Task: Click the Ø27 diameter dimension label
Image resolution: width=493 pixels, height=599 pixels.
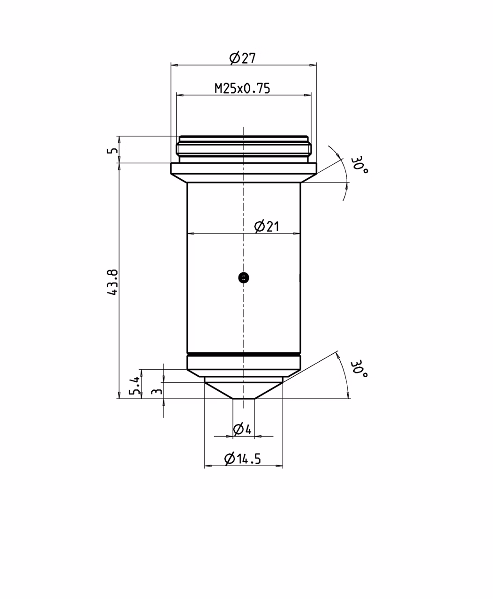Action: tap(243, 58)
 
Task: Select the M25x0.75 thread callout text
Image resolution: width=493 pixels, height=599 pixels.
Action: tap(242, 88)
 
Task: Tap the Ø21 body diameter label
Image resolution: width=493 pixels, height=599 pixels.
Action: tap(267, 226)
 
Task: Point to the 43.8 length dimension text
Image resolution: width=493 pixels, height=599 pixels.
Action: tap(112, 282)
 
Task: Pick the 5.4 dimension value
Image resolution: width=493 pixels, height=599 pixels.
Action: tap(134, 386)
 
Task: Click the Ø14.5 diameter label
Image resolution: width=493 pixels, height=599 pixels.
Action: tap(242, 459)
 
